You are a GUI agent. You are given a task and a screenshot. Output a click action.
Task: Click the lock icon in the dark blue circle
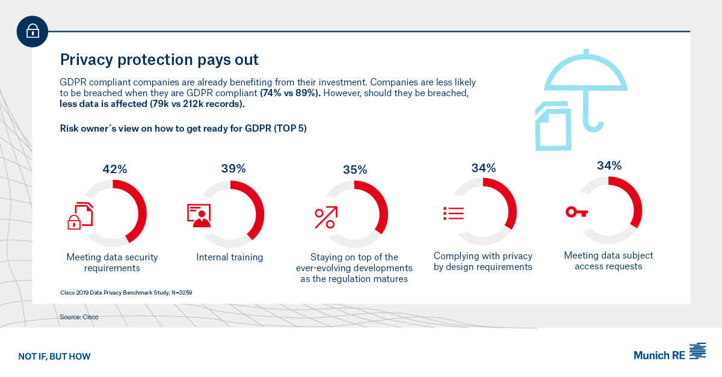point(32,31)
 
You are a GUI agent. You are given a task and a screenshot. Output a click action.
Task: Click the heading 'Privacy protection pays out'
point(159,60)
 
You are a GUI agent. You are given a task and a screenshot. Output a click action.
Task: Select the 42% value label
point(115,169)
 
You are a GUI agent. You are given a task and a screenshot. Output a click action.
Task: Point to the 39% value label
point(233,168)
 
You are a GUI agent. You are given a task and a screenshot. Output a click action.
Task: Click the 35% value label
point(355,170)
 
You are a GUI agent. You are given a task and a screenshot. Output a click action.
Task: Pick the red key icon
point(576,212)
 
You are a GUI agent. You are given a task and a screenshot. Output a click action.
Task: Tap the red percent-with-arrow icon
point(326,217)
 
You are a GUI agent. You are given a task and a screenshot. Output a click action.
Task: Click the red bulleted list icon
point(453,213)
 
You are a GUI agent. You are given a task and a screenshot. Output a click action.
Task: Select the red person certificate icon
point(199,215)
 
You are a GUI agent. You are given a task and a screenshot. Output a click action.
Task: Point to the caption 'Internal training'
point(230,257)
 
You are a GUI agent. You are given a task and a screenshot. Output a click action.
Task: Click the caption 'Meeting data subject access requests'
point(608,261)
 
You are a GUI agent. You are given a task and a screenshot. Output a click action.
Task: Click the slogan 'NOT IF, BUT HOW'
point(55,356)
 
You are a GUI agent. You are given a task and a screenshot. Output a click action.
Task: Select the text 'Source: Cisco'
point(79,316)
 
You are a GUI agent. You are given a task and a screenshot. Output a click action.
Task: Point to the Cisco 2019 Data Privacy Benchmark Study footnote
point(126,292)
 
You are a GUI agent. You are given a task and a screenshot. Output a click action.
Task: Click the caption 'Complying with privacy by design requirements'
point(483,262)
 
